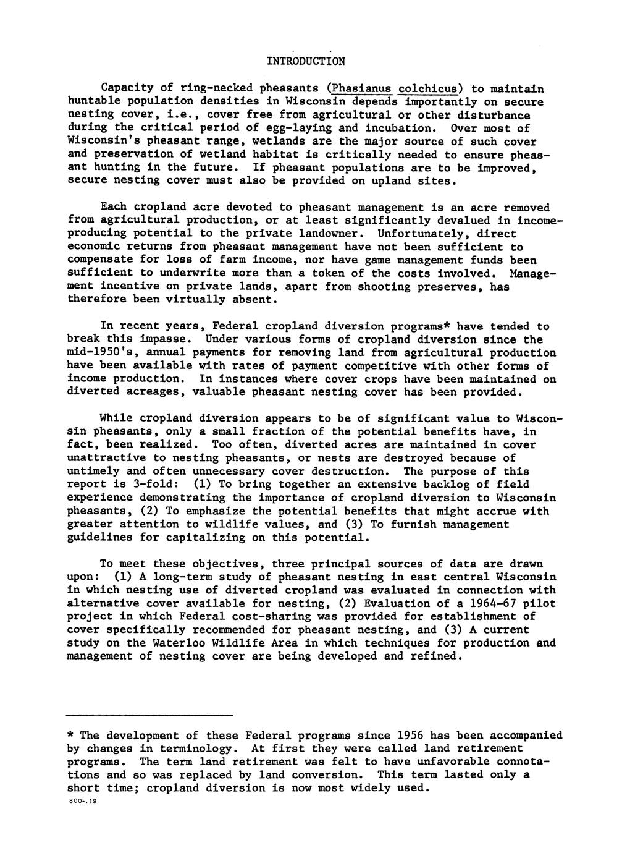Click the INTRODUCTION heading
(x=306, y=62)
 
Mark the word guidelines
(x=99, y=538)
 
